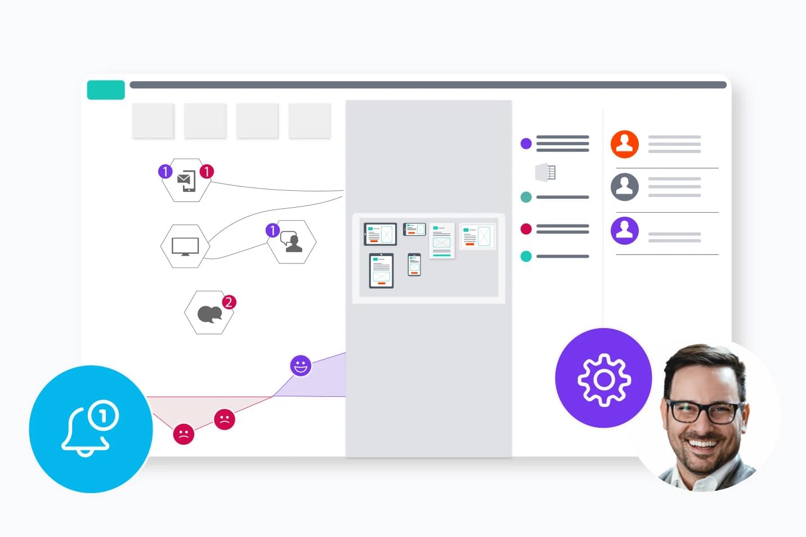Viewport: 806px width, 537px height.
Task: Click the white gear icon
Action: pyautogui.click(x=604, y=380)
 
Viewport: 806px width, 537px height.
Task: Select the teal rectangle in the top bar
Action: pyautogui.click(x=106, y=89)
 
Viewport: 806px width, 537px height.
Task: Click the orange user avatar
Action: pyautogui.click(x=625, y=144)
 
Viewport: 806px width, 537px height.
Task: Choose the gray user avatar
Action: pyautogui.click(x=625, y=187)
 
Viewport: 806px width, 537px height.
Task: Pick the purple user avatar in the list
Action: pyautogui.click(x=625, y=230)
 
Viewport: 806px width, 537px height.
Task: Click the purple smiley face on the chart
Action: pyautogui.click(x=301, y=366)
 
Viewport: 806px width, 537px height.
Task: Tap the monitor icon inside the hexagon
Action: pyautogui.click(x=185, y=247)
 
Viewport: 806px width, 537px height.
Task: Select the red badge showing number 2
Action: pyautogui.click(x=229, y=302)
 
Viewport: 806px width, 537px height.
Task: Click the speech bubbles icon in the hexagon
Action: pyautogui.click(x=209, y=314)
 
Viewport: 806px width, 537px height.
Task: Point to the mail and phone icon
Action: pyautogui.click(x=187, y=181)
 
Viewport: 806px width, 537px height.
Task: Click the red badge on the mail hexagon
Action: pyautogui.click(x=207, y=171)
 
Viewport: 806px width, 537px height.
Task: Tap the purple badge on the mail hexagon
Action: pyautogui.click(x=165, y=171)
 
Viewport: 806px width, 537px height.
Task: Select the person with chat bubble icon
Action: pyautogui.click(x=292, y=241)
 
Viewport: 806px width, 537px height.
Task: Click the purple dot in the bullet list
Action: pyautogui.click(x=526, y=143)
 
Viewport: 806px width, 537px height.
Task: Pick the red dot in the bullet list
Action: pyautogui.click(x=526, y=229)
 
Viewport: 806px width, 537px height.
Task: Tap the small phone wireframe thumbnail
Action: pyautogui.click(x=414, y=265)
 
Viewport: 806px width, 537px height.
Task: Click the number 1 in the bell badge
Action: pyautogui.click(x=103, y=416)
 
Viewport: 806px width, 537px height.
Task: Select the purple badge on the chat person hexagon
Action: pyautogui.click(x=273, y=230)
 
